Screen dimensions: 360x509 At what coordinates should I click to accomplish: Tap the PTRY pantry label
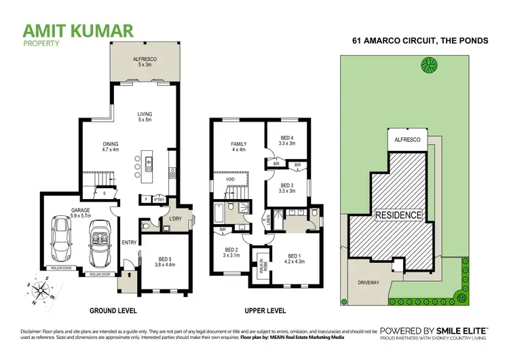point(159,200)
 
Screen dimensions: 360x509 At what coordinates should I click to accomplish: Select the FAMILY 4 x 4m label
point(238,147)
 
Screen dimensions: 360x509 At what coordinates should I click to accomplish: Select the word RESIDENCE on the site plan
point(400,215)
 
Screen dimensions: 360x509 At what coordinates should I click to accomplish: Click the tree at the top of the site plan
point(428,65)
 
